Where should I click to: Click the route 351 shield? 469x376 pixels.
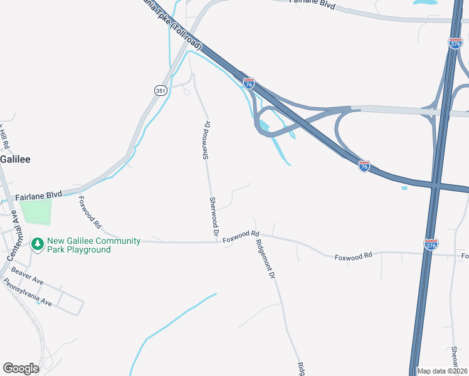[x=160, y=90]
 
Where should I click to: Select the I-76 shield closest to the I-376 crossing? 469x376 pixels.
[x=364, y=166]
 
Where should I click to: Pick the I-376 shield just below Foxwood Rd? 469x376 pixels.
[x=431, y=244]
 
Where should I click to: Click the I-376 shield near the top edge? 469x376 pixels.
[x=455, y=43]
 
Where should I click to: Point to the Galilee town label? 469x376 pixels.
[x=15, y=159]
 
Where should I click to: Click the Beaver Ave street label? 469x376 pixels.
[x=27, y=274]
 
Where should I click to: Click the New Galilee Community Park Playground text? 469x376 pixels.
[x=79, y=245]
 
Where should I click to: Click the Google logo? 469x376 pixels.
[x=21, y=368]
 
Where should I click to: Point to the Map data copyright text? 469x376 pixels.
[x=442, y=371]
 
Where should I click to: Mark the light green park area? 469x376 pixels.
[x=34, y=212]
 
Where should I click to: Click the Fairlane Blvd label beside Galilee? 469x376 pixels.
[x=39, y=195]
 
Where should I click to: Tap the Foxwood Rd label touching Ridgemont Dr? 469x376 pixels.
[x=241, y=236]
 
